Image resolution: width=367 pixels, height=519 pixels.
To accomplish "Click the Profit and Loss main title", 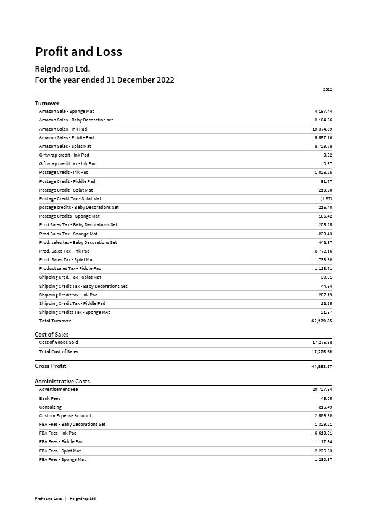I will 78,52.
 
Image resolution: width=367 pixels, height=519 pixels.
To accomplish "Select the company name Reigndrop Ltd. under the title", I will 62,68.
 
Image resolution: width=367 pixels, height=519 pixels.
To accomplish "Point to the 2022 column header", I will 328,89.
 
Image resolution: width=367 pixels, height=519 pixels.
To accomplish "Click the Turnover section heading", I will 47,103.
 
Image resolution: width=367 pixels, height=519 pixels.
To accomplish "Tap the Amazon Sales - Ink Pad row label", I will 63,129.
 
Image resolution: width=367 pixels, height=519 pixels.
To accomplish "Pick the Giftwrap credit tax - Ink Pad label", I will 68,164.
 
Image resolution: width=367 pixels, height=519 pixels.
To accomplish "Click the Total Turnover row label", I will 55,321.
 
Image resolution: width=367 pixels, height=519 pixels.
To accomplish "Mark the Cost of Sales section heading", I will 52,335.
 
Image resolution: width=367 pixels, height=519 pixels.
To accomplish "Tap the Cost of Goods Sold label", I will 59,342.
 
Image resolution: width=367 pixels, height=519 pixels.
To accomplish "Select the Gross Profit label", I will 50,366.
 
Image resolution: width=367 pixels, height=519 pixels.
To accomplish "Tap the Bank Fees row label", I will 49,398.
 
